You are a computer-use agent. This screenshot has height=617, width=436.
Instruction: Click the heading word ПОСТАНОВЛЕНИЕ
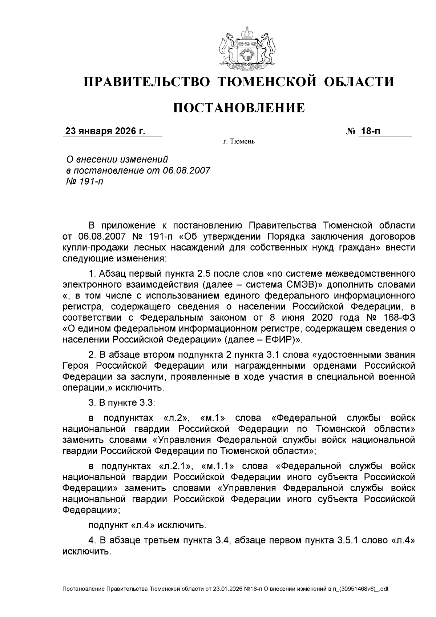[238, 108]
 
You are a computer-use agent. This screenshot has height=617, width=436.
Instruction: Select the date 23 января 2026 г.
[105, 131]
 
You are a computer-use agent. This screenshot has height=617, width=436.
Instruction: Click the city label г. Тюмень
[239, 141]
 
